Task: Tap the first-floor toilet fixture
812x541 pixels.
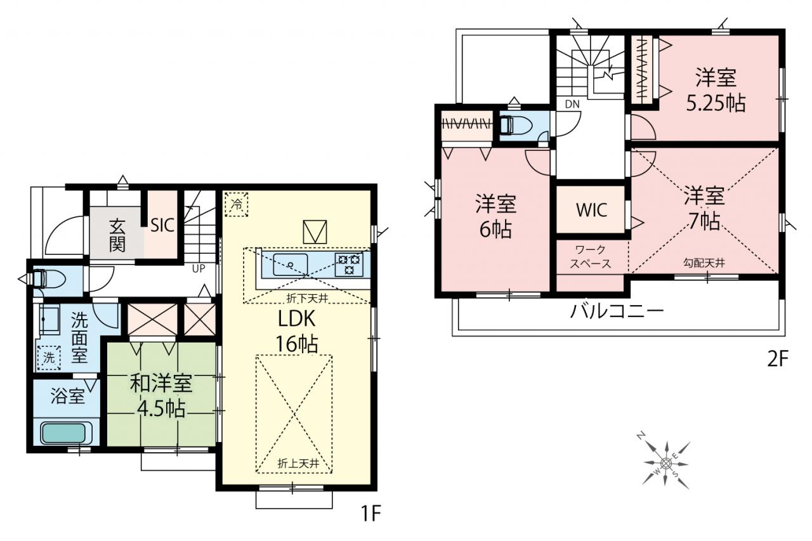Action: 49,279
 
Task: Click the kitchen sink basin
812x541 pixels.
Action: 291,264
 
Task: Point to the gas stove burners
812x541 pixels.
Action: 349,264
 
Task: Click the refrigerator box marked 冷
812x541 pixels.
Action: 237,204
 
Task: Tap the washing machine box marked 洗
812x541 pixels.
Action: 49,358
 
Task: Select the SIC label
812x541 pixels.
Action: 162,225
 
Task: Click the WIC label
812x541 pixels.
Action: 591,210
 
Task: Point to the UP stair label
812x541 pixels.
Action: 199,268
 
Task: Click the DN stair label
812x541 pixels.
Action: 572,105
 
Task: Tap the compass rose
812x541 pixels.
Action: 665,463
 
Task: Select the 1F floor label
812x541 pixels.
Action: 371,514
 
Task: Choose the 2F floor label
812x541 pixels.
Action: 777,359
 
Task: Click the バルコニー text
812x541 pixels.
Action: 617,311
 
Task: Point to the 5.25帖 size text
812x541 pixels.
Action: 716,103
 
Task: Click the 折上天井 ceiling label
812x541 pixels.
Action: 298,464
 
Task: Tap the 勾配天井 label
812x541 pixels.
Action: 704,263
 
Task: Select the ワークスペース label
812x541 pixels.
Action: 591,257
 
